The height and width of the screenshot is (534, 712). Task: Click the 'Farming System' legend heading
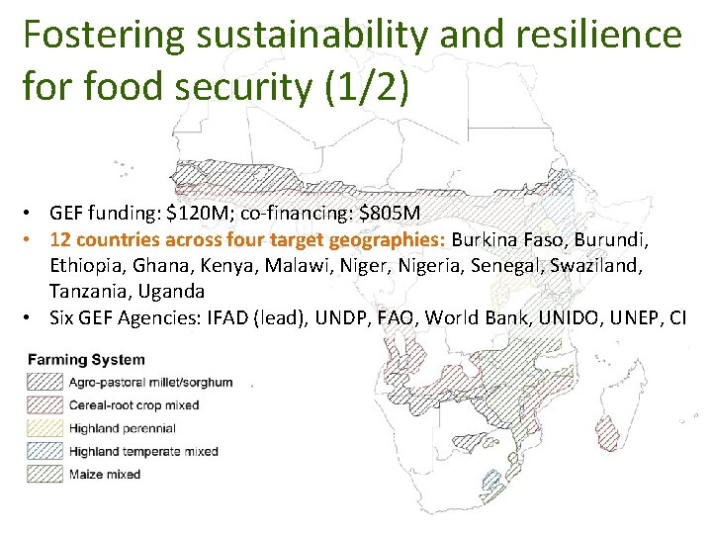[86, 361]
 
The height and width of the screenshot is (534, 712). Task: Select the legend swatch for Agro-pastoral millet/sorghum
[44, 382]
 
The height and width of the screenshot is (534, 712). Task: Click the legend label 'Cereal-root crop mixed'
[133, 404]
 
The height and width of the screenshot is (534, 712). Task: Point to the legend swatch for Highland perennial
[44, 428]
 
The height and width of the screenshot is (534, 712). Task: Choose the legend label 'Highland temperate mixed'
[143, 451]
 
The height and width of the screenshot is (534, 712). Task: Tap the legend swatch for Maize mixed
[44, 474]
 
